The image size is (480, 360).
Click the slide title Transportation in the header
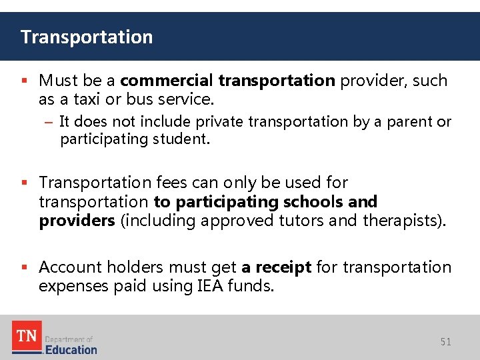click(x=87, y=37)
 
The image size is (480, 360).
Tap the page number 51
click(x=446, y=342)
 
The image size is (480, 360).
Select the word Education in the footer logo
click(x=71, y=349)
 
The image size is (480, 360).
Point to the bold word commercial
click(x=167, y=81)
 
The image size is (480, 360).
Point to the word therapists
click(x=403, y=220)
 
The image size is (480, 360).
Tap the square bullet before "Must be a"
click(x=25, y=81)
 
